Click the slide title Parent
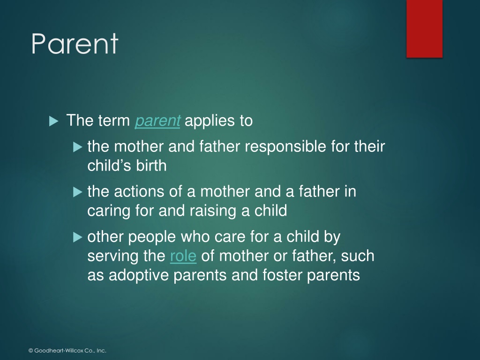click(75, 44)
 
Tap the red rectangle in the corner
click(424, 29)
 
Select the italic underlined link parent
click(157, 120)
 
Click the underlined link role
click(183, 256)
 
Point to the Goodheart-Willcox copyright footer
click(67, 351)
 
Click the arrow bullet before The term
click(53, 121)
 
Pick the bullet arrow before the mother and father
click(78, 147)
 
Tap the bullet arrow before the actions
click(78, 192)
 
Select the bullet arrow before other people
click(78, 237)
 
